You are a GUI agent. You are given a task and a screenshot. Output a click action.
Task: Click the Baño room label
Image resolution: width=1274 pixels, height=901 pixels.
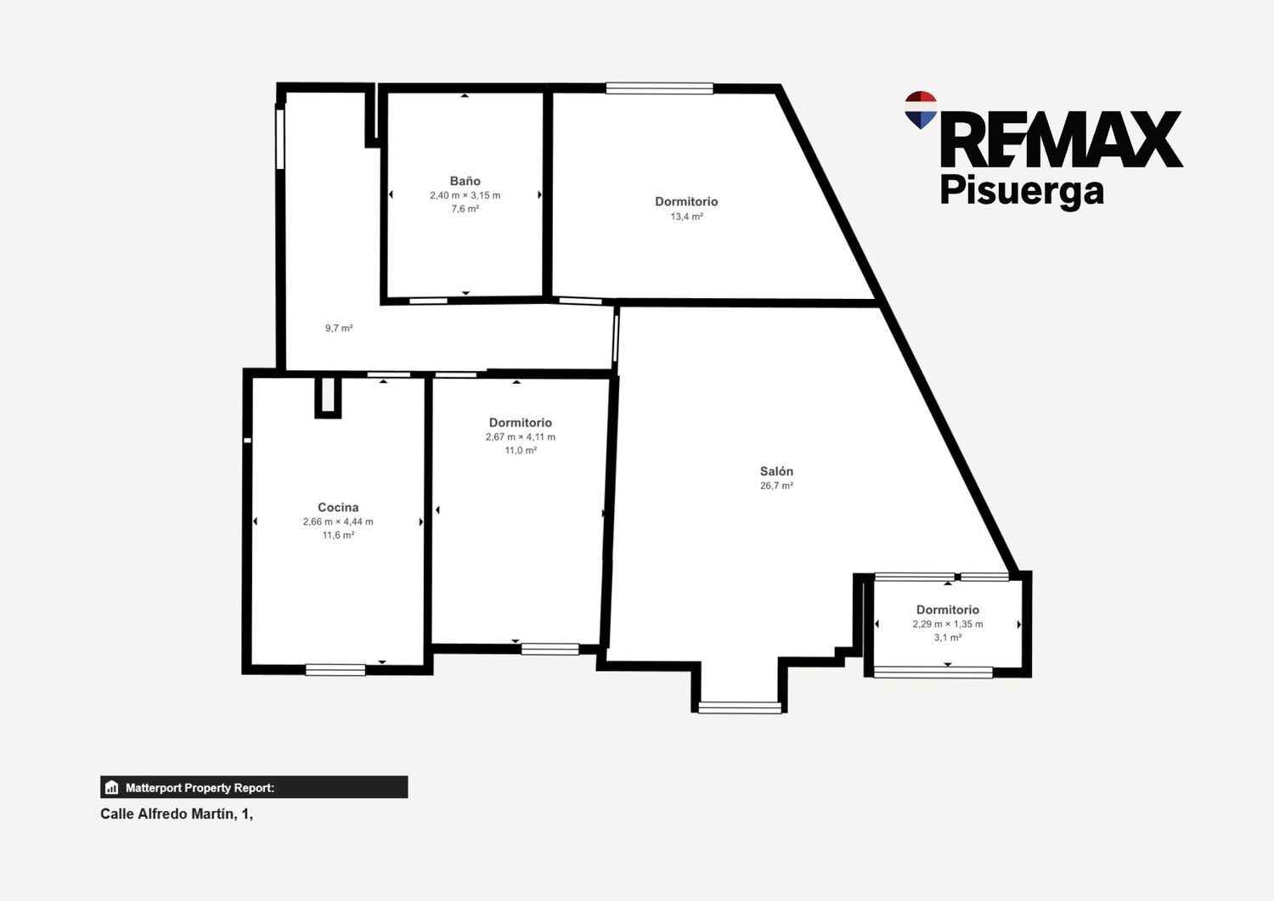pos(465,181)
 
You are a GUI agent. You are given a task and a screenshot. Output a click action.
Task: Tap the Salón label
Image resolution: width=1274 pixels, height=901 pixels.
pos(776,471)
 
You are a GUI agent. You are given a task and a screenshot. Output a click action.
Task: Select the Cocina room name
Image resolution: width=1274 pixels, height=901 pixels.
pos(338,507)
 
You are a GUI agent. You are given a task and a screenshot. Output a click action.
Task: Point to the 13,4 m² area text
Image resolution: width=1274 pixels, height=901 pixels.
pos(686,217)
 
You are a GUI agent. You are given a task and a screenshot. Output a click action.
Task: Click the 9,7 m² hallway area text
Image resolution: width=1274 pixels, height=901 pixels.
pos(339,328)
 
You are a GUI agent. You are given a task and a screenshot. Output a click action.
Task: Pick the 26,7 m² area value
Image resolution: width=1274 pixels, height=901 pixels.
pos(776,485)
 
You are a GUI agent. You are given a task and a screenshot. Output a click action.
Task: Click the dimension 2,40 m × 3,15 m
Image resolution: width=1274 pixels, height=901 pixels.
pos(465,195)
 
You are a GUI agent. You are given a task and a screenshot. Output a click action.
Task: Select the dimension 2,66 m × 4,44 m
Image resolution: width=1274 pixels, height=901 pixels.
pos(338,521)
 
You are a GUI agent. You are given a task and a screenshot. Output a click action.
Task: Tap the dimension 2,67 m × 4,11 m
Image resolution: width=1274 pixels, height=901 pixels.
pos(521,436)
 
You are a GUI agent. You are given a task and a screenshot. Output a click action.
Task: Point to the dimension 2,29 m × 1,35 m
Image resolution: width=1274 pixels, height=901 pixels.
pos(948,623)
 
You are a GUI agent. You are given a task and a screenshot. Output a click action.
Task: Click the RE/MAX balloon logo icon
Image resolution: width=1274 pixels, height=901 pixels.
pos(921,110)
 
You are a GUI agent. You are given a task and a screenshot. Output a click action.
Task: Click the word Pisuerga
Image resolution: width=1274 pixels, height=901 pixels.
pos(1022,192)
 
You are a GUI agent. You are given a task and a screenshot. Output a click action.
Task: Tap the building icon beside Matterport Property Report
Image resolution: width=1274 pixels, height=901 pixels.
pos(112,787)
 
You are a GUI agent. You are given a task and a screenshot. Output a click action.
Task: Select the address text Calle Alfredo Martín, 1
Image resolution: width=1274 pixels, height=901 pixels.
pos(177,814)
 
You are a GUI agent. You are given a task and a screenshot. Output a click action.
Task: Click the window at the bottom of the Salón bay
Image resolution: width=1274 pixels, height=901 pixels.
pos(740,707)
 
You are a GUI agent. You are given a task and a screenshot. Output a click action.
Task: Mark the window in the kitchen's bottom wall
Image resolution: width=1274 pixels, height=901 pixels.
pos(335,670)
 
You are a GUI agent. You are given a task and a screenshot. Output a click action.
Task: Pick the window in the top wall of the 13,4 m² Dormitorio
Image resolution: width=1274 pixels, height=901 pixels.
pos(659,88)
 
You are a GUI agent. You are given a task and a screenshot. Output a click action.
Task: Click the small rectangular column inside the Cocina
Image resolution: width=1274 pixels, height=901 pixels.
pos(328,397)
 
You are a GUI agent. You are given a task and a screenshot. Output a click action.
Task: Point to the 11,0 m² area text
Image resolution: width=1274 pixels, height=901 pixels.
pos(521,450)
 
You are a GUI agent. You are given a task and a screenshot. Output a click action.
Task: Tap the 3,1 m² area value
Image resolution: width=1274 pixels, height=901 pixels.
pos(948,637)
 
